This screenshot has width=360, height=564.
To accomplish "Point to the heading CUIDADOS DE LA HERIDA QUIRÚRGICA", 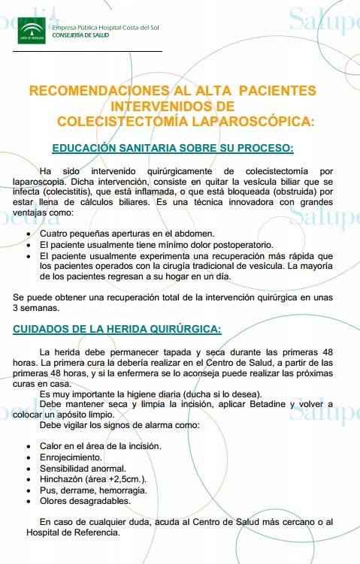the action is [x=117, y=328].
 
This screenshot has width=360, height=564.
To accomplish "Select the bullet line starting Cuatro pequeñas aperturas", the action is [x=127, y=234].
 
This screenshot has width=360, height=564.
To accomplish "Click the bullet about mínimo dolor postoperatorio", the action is [x=156, y=245].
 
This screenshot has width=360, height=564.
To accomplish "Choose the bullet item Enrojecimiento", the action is [x=71, y=457].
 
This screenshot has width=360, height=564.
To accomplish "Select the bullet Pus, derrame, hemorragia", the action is [x=93, y=490].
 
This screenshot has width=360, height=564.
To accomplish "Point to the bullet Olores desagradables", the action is [x=84, y=501].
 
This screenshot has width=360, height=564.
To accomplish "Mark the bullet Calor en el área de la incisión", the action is [x=100, y=445].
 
